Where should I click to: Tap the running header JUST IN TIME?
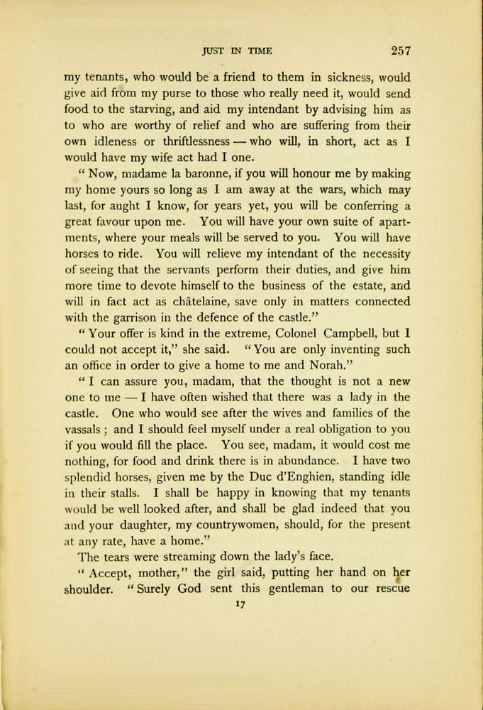[x=237, y=51]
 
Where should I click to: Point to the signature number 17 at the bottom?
[x=240, y=606]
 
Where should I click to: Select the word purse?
[x=178, y=94]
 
